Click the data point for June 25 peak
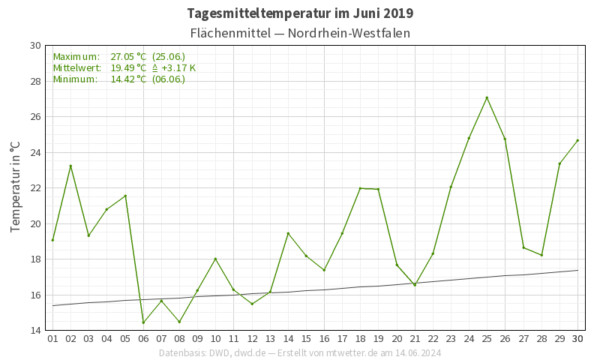point(487,97)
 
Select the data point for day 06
point(143,322)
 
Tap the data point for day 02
point(70,166)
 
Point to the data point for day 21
point(415,285)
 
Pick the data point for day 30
point(577,140)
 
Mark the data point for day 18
point(360,188)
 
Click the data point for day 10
point(215,259)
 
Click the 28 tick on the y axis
point(35,81)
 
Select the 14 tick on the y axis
point(35,331)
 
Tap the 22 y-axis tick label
point(35,188)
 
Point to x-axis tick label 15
point(306,339)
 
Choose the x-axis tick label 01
point(52,339)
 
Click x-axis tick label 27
point(523,339)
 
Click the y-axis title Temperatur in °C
point(14,187)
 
